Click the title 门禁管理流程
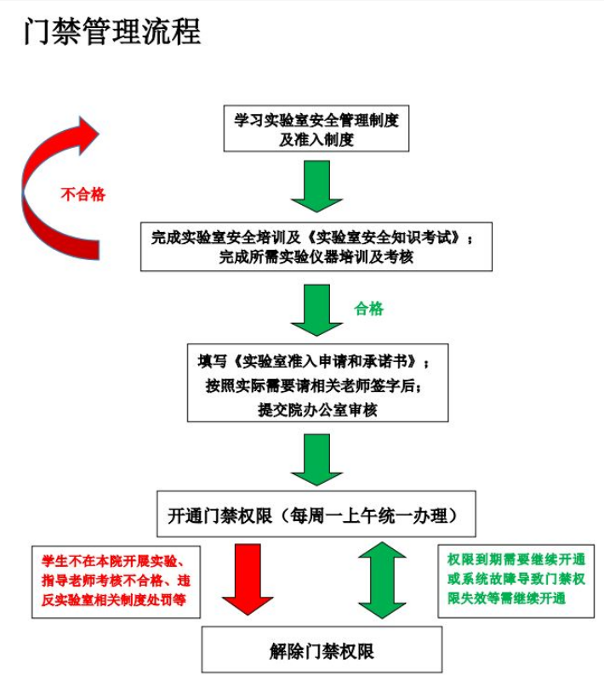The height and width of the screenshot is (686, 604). [112, 32]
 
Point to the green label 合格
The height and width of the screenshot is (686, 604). [369, 309]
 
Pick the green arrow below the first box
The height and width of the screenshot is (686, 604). [316, 186]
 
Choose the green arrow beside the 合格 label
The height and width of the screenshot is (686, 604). [316, 309]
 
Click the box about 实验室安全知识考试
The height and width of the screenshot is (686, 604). [316, 247]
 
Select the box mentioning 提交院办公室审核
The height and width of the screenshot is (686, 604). [317, 383]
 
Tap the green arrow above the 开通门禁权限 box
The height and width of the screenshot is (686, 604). [316, 460]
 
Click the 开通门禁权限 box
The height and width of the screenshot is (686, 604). [316, 514]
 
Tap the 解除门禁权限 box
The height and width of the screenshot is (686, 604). [322, 650]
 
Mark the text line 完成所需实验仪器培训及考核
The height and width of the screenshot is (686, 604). [316, 257]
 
